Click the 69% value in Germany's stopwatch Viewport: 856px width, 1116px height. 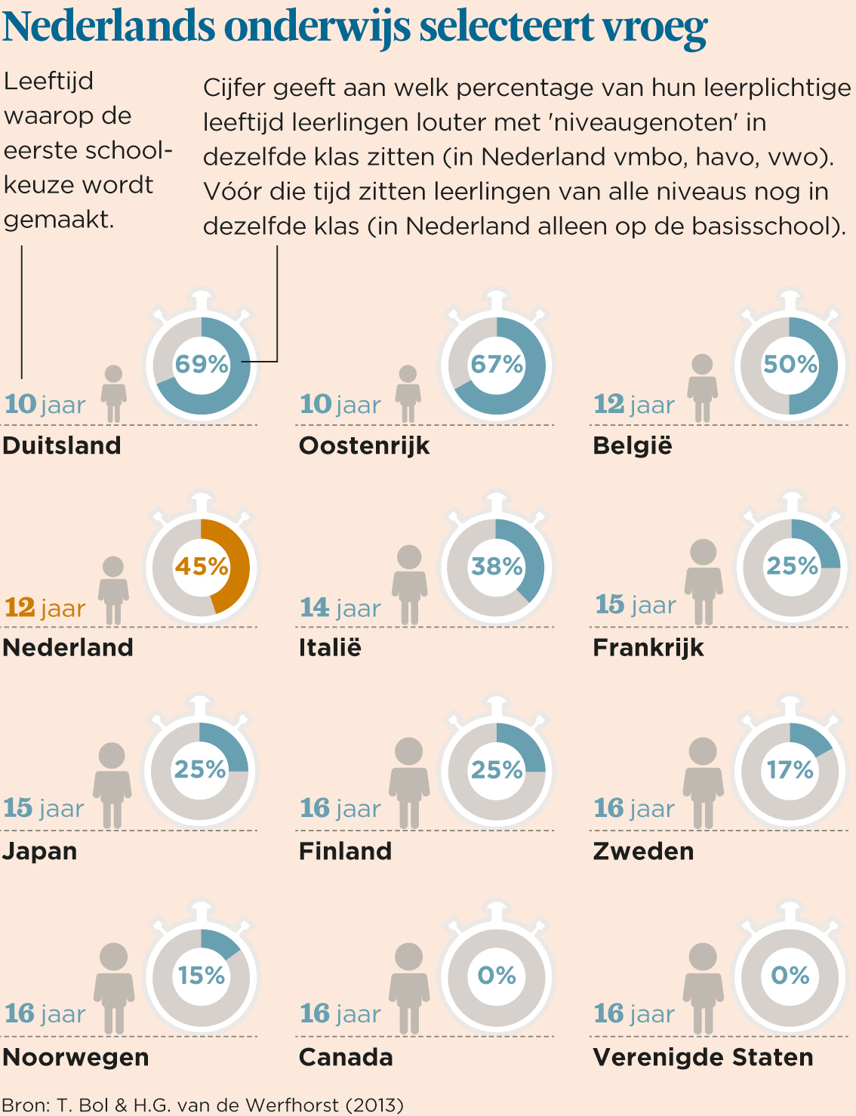pos(202,365)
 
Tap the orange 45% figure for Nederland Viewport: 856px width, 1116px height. pos(202,566)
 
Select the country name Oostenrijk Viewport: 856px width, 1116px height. pos(364,445)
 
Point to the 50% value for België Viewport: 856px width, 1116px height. pos(790,365)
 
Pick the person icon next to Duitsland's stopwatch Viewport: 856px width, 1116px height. pos(113,393)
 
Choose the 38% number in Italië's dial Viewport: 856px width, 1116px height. pos(497,566)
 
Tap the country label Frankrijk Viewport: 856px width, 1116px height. pos(648,648)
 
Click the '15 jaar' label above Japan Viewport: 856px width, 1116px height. pos(44,808)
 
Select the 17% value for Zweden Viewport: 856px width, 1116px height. pos(790,770)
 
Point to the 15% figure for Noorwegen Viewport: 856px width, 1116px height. pos(202,976)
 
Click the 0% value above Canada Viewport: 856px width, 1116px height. pos(497,976)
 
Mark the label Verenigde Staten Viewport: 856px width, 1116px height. pos(703,1057)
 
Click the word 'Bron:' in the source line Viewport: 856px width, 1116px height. pos(26,1105)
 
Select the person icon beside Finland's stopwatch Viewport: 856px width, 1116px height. pos(409,782)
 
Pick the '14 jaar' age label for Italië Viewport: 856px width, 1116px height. pos(340,608)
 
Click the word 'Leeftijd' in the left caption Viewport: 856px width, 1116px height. pos(49,82)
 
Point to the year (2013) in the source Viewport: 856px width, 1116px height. pos(374,1105)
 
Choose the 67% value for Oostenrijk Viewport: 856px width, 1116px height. pos(497,365)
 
